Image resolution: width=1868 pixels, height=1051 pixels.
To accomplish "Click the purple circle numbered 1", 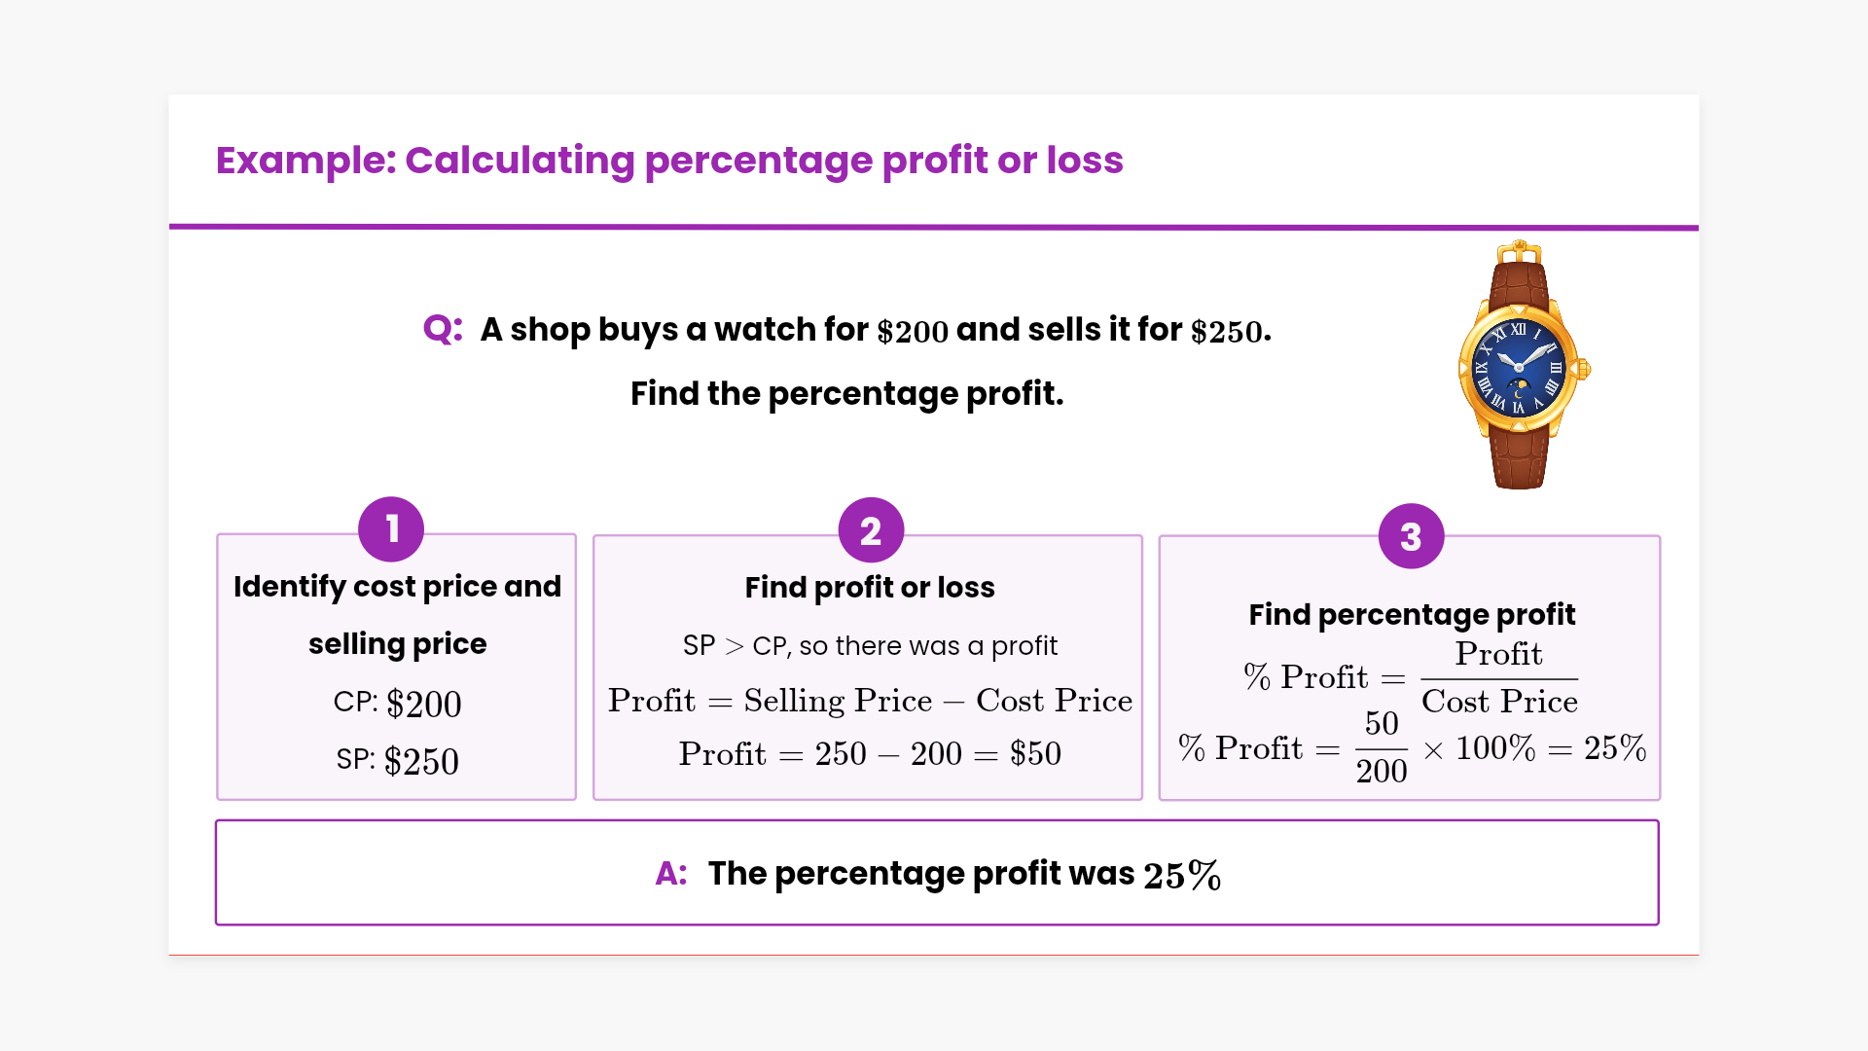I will point(391,529).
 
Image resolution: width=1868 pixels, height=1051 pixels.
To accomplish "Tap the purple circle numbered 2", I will point(871,530).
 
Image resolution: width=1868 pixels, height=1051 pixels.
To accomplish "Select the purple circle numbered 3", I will point(1411,536).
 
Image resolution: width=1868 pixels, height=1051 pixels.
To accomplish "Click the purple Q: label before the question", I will point(443,329).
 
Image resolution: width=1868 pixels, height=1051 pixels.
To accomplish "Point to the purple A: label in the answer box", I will point(671,874).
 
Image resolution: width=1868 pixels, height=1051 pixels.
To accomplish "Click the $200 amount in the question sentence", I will point(913,332).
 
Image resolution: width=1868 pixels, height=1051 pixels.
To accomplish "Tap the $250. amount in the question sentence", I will point(1231,332).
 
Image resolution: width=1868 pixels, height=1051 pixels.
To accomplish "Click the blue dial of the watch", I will point(1519,368).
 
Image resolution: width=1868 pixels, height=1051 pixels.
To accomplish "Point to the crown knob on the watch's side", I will point(1584,369).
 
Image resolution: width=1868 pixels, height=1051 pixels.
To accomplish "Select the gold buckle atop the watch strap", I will point(1519,252).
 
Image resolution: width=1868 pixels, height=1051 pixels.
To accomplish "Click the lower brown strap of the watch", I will point(1519,457).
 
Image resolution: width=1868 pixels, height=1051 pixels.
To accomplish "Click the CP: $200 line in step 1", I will point(397,703).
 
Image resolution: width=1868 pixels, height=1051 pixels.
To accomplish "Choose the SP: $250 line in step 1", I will point(397,760).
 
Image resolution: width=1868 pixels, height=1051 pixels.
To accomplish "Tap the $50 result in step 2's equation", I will point(1035,753).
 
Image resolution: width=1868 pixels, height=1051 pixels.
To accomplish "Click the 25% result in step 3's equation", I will point(1615,747).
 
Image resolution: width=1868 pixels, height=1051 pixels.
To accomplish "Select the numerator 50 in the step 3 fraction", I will point(1382,723).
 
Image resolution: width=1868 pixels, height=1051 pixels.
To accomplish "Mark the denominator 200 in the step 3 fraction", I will point(1382,771).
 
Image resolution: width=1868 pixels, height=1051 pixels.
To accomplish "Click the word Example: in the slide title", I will point(305,161).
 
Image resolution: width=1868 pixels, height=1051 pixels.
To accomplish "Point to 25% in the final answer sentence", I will point(1182,875).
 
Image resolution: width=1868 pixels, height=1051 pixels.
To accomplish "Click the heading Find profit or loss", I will point(870,588).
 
